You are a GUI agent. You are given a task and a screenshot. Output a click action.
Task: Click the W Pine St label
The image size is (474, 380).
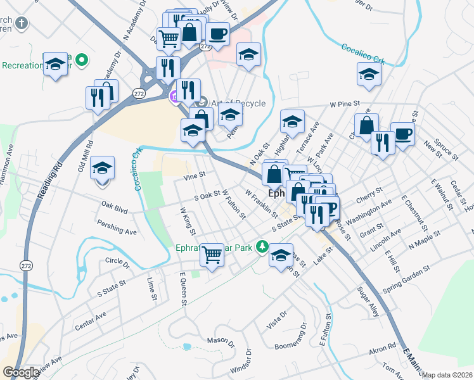(344, 103)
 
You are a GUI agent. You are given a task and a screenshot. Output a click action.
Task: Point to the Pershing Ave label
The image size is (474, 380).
(117, 227)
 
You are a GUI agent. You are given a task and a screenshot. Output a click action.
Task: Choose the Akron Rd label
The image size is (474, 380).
(383, 347)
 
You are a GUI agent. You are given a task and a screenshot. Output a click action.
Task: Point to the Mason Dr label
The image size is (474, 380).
(221, 342)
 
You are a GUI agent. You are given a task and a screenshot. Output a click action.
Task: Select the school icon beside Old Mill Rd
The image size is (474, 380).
(102, 168)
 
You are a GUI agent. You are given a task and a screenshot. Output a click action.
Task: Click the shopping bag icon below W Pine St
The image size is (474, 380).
(366, 125)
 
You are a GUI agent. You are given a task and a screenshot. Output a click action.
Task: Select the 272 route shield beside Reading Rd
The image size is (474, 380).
(26, 265)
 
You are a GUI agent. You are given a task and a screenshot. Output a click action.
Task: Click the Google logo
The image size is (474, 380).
(21, 372)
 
